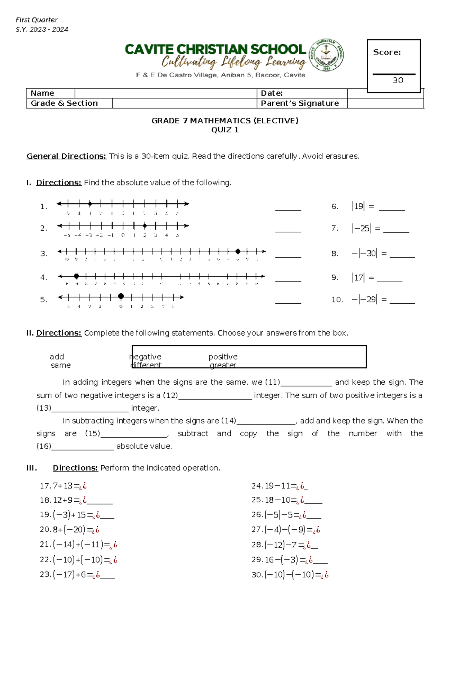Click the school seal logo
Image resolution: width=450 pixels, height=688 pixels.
point(326,55)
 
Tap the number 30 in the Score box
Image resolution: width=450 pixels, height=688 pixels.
point(398,80)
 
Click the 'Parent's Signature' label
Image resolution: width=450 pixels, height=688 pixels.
point(300,103)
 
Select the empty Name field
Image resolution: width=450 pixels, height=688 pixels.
point(165,93)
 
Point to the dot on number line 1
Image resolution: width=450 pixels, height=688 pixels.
point(90,204)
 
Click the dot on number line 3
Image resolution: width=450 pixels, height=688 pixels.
point(238,252)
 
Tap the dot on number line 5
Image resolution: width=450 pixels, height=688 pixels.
point(121,297)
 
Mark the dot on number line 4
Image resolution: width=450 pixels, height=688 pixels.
point(76,276)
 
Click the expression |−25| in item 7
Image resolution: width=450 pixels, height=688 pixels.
point(361,228)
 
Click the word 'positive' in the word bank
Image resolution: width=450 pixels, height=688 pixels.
point(223,357)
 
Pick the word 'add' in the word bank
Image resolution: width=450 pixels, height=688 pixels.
point(57,357)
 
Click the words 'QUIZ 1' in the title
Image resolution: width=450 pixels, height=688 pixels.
point(225,130)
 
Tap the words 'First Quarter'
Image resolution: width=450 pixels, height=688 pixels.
point(37,20)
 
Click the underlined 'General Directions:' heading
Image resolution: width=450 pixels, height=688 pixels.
point(66,156)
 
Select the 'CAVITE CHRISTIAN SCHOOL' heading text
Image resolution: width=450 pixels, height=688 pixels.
point(215,49)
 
